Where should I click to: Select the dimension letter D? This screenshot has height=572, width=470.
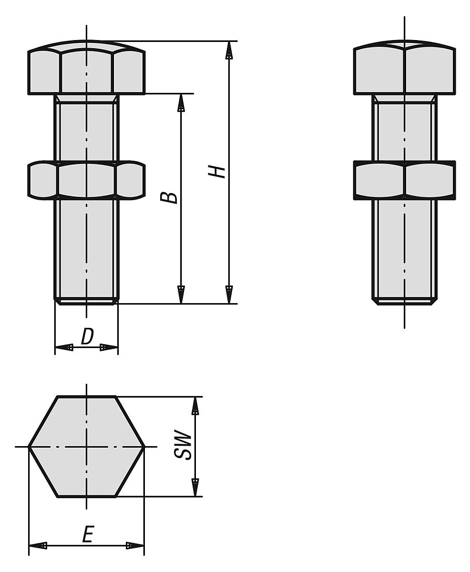point(87,337)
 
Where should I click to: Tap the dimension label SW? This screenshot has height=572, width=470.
point(183,446)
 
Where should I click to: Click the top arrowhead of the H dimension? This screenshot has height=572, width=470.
point(229,50)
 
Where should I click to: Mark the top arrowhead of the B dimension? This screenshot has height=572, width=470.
point(181,103)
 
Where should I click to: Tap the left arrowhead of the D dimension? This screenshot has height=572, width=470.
point(64,347)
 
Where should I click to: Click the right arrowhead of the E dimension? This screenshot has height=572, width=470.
point(135,545)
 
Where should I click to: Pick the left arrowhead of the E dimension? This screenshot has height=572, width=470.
point(38,545)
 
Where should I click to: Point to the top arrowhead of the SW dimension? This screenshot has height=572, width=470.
point(195,406)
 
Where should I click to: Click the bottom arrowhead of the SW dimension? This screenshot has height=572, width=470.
point(195,487)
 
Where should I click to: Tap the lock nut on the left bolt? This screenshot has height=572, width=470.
point(86,180)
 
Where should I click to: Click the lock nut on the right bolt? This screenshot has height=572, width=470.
point(404,180)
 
